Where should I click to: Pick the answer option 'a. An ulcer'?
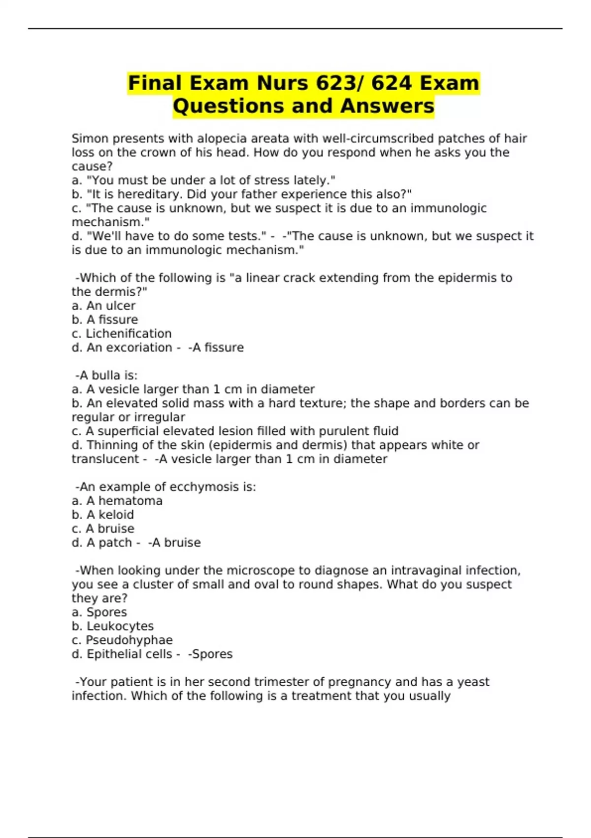[x=103, y=306]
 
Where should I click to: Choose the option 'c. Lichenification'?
[x=122, y=334]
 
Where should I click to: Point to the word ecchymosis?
[x=204, y=487]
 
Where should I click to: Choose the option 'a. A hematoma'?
[x=117, y=501]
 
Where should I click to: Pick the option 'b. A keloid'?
[x=103, y=515]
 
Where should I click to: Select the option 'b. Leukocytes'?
[x=113, y=626]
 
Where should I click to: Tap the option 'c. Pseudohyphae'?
[x=122, y=640]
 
